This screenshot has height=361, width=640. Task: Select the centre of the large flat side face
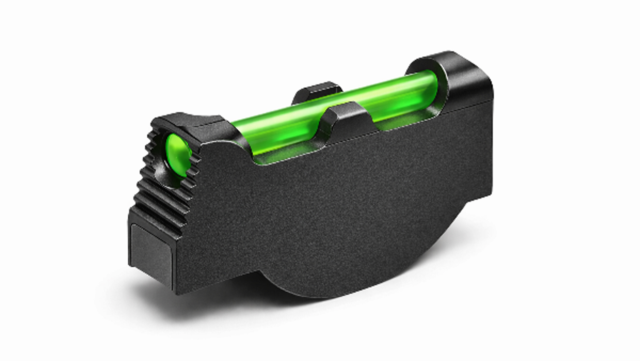pyautogui.click(x=333, y=200)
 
